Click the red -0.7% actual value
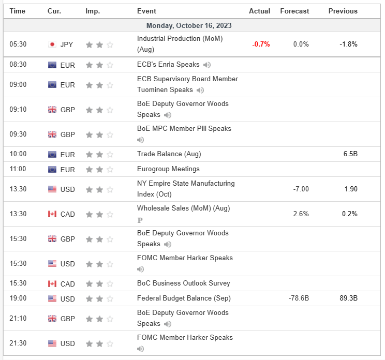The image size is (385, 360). pos(261,44)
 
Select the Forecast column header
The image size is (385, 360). pos(294,11)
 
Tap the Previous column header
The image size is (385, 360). pos(343,11)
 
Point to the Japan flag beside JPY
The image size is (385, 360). pos(52,44)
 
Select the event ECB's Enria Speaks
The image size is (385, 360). pos(168,65)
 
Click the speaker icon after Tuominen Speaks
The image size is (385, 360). pos(200,90)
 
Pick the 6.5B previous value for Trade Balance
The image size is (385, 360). pos(350,154)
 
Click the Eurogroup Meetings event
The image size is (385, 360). pos(168,169)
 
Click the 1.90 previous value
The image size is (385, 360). pos(350,189)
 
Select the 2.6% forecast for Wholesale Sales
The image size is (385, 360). pos(301,214)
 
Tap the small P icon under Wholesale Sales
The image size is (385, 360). pos(140,220)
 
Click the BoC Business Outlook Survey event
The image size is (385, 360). pos(184,283)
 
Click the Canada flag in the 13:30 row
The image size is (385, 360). pos(52,214)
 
